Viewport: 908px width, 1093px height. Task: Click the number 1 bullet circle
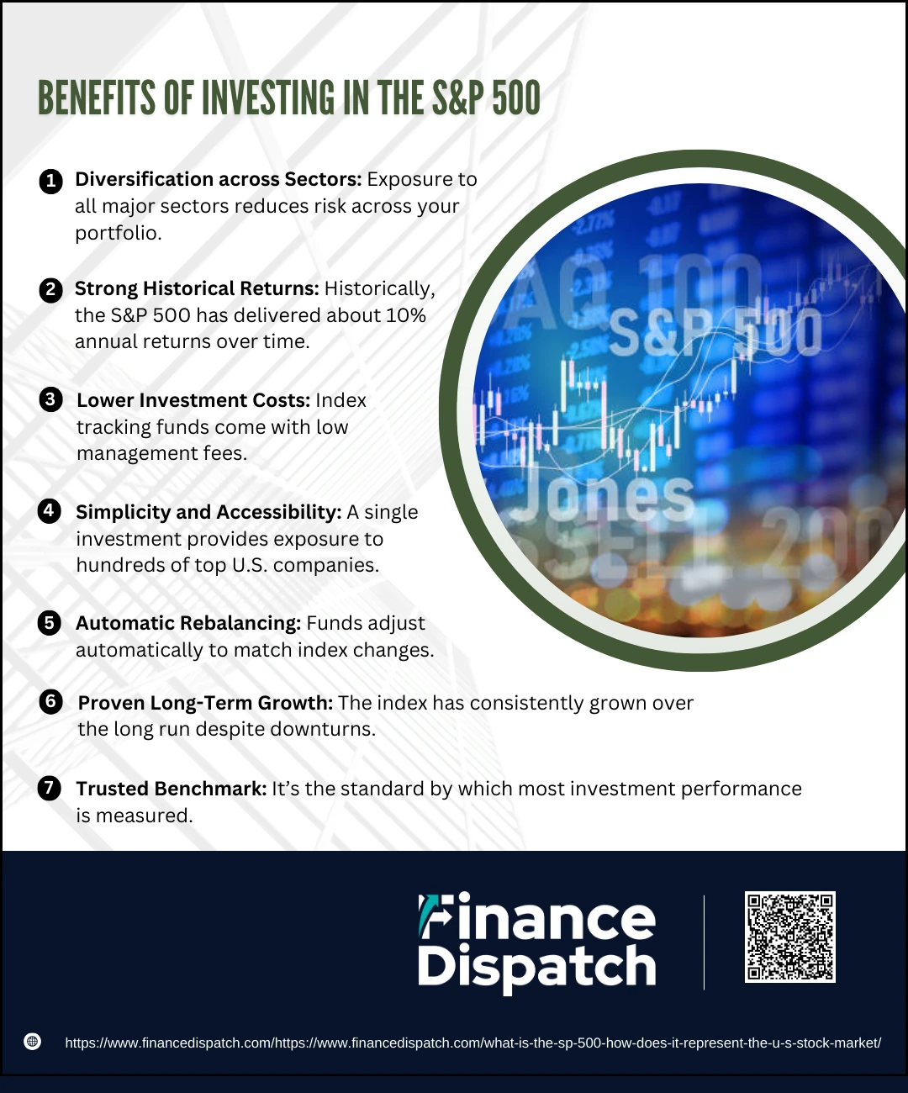(50, 181)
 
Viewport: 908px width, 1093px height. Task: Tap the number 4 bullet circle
(50, 511)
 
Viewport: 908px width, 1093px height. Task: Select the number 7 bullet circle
(50, 788)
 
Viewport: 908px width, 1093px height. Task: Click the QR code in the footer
(789, 937)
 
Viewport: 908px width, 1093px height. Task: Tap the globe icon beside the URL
(33, 1042)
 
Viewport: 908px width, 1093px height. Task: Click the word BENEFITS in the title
(97, 98)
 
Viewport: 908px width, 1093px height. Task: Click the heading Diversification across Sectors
(219, 179)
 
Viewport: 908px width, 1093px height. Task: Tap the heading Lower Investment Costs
(193, 400)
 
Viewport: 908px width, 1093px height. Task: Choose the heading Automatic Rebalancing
(188, 623)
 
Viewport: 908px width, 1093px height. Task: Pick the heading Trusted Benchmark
(172, 789)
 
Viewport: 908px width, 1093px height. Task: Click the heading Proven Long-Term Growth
(206, 703)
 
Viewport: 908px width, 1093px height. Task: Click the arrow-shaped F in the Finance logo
(433, 916)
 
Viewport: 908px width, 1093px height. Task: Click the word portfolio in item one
(119, 234)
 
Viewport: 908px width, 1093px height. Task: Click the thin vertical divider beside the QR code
(704, 943)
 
